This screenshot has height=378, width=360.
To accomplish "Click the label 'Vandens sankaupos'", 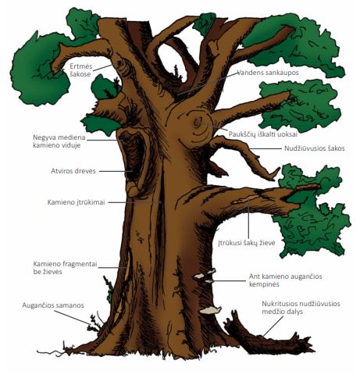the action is [268, 73].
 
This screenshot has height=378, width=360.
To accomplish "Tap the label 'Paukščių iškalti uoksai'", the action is [263, 134].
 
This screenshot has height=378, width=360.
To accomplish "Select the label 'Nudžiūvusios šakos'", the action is [315, 148].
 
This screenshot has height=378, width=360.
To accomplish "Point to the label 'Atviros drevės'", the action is [73, 171].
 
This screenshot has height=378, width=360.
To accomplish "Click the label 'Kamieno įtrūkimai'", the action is [76, 202].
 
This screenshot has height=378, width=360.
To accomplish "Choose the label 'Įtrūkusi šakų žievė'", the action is [247, 243].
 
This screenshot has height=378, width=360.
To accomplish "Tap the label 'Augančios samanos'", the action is [53, 305].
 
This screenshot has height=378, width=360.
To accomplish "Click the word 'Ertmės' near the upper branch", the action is [81, 66].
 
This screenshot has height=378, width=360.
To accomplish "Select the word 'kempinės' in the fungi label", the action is [264, 284].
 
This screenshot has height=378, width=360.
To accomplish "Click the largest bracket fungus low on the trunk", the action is [210, 310].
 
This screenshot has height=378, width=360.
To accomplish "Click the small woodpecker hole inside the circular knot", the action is [198, 121].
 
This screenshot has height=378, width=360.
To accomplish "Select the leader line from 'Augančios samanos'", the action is [73, 317].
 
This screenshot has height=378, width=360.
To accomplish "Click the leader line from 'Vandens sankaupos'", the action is [207, 84].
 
